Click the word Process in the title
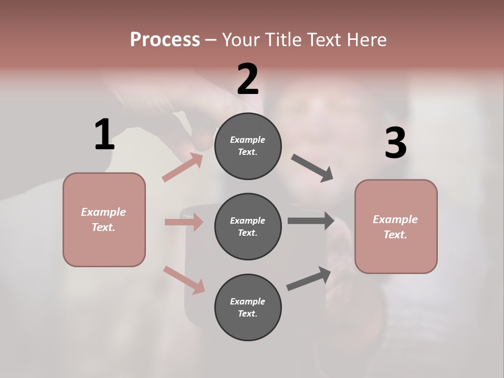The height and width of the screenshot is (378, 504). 165,39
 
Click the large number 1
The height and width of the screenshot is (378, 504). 104,135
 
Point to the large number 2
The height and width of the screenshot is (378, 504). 248,79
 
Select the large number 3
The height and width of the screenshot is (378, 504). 395,143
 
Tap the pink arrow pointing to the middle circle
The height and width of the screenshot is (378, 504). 184,222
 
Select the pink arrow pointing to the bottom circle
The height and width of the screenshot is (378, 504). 184,280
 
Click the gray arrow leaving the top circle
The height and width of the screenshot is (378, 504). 312,168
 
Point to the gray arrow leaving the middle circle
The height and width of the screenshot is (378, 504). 311,221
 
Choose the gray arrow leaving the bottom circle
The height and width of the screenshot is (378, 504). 309,278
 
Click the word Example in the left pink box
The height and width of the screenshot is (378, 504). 103,212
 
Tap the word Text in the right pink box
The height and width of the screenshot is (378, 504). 394,235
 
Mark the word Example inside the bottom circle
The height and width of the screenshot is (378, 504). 247,301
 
